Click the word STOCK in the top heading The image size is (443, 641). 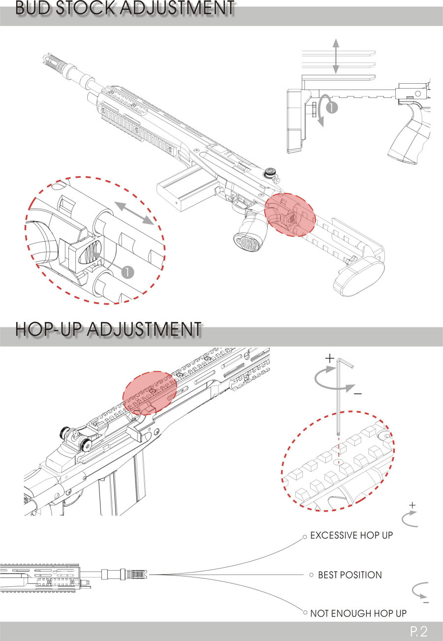point(85,8)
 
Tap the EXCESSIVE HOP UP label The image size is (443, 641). point(351,536)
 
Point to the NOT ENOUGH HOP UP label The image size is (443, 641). point(358,613)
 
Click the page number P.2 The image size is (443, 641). point(419,631)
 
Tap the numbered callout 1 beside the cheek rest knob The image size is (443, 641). point(332,108)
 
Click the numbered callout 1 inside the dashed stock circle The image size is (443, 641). point(127,272)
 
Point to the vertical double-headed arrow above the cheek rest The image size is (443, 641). point(336,56)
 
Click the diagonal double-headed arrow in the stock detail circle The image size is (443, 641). point(134,213)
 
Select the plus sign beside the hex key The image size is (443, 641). point(330,358)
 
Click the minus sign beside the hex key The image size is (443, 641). point(358,394)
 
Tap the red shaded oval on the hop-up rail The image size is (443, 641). point(150,393)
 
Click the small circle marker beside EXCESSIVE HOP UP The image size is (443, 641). point(305,537)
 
